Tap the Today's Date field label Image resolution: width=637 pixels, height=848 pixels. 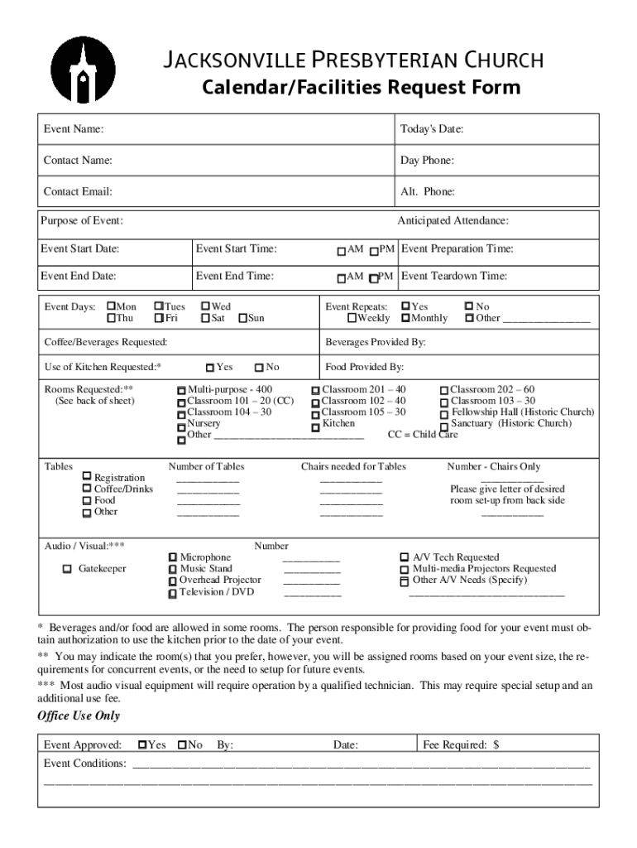pyautogui.click(x=432, y=129)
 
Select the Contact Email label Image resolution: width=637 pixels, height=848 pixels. pyautogui.click(x=78, y=192)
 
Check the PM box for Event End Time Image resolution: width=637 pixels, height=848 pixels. pyautogui.click(x=374, y=278)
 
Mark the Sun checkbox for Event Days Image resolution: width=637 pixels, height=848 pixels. pyautogui.click(x=242, y=319)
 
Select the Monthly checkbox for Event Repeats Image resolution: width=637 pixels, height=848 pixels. pyautogui.click(x=405, y=319)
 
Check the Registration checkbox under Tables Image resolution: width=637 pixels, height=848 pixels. pyautogui.click(x=87, y=477)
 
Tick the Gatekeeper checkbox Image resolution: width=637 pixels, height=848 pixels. pyautogui.click(x=68, y=569)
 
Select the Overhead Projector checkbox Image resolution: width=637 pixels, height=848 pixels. pyautogui.click(x=172, y=581)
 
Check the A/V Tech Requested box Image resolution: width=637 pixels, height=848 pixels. pyautogui.click(x=405, y=558)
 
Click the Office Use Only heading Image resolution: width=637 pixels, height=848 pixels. pyautogui.click(x=79, y=715)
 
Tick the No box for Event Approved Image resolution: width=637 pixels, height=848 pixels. pyautogui.click(x=182, y=744)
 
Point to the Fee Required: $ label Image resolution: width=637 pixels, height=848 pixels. pyautogui.click(x=461, y=745)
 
